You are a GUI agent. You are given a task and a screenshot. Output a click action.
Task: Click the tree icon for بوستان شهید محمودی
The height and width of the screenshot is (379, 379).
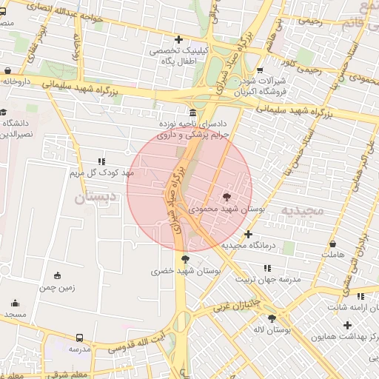pyautogui.click(x=226, y=197)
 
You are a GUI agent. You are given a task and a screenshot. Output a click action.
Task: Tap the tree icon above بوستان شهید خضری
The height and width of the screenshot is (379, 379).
pyautogui.click(x=184, y=259)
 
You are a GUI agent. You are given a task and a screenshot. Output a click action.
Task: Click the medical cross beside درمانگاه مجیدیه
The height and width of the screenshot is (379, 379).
pyautogui.click(x=248, y=233)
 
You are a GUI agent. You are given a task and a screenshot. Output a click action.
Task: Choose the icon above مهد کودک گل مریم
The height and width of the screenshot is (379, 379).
pyautogui.click(x=101, y=161)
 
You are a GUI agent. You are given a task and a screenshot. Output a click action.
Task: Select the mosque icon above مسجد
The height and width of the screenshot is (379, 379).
pyautogui.click(x=15, y=303)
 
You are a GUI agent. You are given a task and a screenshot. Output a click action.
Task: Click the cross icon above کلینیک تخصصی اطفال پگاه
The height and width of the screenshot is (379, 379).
pyautogui.click(x=178, y=39)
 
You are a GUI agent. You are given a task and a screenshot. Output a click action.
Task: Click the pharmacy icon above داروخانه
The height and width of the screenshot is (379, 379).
pyautogui.click(x=8, y=72)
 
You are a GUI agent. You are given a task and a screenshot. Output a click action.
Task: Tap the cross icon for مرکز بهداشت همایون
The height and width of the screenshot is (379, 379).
pyautogui.click(x=346, y=325)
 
